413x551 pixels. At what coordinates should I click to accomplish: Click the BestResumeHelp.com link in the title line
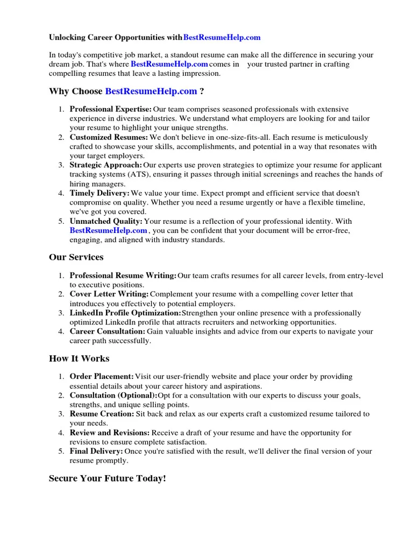222,38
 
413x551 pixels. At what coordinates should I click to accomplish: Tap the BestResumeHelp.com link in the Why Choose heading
151,91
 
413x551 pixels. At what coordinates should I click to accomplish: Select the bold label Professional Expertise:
110,109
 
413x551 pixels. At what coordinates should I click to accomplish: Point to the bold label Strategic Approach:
106,165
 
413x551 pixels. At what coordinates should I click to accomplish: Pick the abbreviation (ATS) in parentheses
139,174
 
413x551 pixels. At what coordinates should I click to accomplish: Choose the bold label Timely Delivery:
99,193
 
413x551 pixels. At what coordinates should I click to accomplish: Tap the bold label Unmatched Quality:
106,221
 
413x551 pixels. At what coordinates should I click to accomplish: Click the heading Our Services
76,257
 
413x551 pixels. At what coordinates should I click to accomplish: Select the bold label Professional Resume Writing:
123,275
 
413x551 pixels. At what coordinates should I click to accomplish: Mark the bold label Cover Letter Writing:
109,294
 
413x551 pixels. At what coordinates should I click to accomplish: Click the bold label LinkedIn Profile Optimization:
125,313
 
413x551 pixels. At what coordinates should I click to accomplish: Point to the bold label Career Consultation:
106,331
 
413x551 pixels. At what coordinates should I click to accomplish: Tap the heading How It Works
79,358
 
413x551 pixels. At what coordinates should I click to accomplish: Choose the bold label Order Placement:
102,377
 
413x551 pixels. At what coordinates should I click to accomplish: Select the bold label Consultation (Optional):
113,395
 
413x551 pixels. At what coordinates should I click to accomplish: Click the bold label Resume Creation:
102,414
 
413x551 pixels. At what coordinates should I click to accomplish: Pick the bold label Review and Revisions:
110,433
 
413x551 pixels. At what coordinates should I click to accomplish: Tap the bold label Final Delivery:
96,451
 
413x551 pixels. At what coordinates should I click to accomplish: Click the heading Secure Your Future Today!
108,478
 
